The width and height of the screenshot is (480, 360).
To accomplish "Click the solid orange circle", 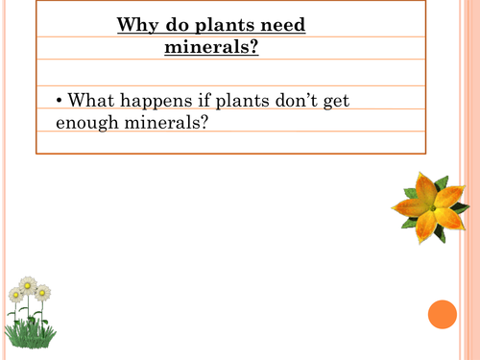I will click(442, 315).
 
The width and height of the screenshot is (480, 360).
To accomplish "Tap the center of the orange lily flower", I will click(431, 205).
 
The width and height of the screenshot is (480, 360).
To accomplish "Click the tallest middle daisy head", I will click(29, 285).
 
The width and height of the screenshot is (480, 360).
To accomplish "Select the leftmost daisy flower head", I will click(15, 296).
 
